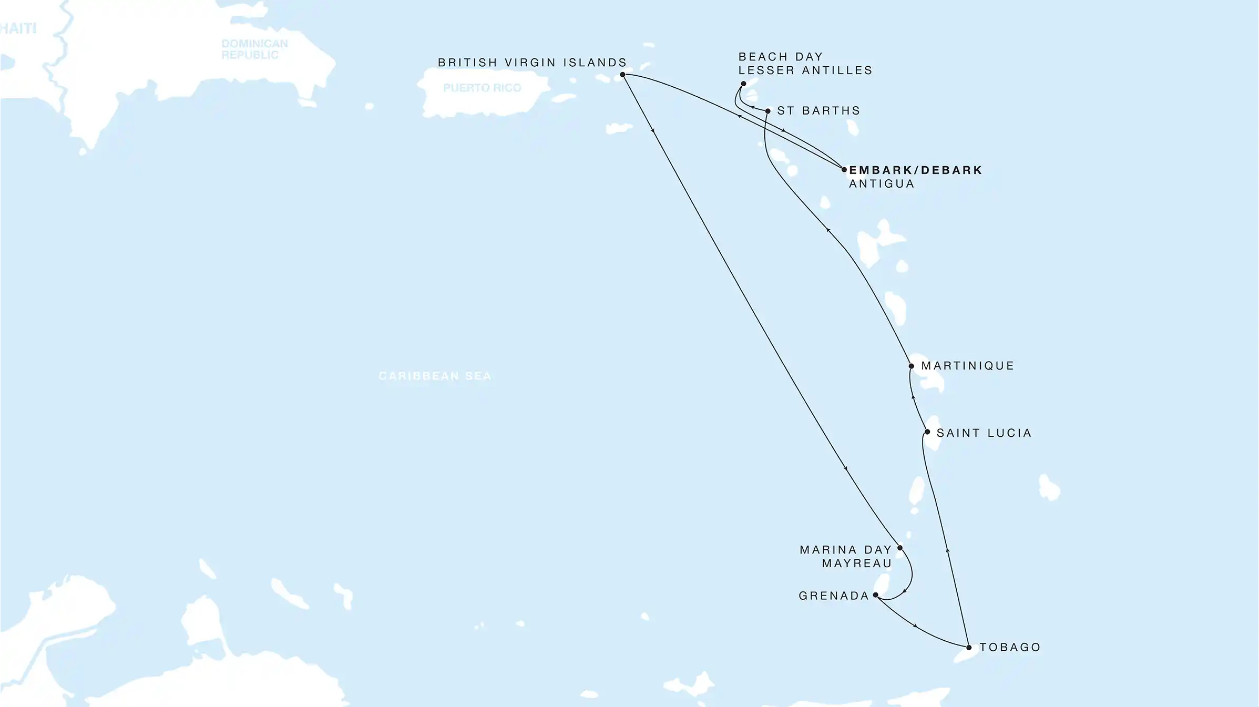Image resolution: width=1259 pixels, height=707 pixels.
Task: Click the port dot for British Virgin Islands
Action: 622,75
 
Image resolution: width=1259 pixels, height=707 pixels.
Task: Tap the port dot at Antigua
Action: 844,170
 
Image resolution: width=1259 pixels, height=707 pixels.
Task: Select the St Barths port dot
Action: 768,111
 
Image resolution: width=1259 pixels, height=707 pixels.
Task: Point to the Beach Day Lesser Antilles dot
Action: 743,84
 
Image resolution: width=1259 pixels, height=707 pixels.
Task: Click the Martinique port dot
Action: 911,366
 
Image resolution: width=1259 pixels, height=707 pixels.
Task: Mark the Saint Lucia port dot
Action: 927,432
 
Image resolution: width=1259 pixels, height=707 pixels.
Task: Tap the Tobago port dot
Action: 969,648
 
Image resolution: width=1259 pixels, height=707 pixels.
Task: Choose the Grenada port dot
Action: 876,595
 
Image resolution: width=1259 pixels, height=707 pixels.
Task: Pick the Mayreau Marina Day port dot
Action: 900,548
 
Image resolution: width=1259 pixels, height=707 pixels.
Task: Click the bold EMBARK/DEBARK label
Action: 915,170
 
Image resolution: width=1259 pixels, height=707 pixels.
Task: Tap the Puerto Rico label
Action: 482,88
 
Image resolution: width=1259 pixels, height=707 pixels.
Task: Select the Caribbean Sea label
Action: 435,376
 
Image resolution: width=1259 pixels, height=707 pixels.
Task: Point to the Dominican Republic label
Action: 254,49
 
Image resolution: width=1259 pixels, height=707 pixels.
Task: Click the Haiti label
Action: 18,28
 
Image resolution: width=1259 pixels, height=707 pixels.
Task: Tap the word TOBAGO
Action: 1010,648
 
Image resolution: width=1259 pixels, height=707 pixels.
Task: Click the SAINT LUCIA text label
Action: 984,433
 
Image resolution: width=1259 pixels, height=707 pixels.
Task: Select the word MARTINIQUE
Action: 967,366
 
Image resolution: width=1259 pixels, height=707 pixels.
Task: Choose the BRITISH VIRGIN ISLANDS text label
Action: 532,63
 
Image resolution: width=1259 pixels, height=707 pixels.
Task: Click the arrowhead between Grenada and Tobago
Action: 915,626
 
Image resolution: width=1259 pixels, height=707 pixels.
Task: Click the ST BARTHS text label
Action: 818,111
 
